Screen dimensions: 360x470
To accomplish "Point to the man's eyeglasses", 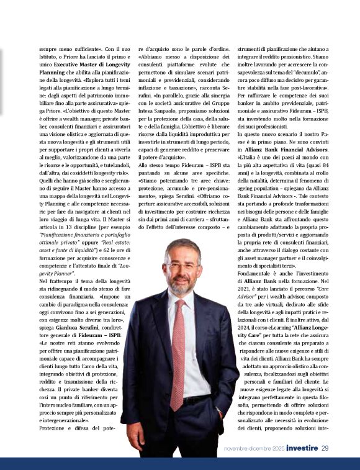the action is [182, 266].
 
